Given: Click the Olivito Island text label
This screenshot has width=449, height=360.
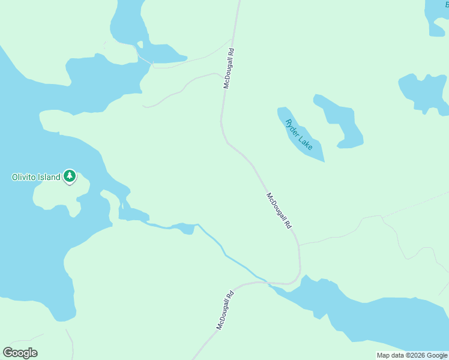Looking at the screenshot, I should (37, 177).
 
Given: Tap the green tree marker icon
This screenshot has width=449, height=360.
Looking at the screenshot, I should (70, 176).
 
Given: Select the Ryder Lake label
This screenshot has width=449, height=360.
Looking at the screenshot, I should (299, 134).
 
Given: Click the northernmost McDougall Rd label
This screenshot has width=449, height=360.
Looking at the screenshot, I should (228, 68).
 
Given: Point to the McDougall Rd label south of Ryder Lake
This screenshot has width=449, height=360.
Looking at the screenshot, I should (279, 211).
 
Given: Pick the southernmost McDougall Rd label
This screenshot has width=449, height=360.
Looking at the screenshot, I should (224, 310).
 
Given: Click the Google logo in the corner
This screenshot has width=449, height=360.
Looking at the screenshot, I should (20, 353).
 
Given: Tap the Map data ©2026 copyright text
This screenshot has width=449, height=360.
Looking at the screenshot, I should (412, 355).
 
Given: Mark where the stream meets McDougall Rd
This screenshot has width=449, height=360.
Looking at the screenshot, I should (264, 280).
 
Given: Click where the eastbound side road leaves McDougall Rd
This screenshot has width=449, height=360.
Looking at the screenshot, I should (299, 245).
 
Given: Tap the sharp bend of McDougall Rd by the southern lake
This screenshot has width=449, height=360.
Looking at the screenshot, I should (295, 278).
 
